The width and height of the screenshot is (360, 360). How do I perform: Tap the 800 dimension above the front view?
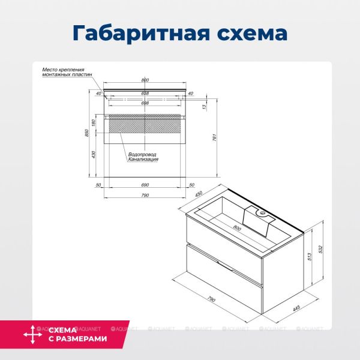tap(145, 80)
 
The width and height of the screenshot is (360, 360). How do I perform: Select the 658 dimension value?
tap(145, 94)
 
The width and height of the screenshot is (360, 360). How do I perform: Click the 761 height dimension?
tap(214, 136)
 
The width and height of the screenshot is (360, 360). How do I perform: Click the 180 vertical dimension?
tap(94, 123)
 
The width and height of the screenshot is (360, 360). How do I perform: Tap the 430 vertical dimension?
tap(94, 155)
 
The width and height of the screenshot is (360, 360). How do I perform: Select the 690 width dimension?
tap(145, 185)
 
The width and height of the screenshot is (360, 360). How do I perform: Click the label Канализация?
tap(143, 160)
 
